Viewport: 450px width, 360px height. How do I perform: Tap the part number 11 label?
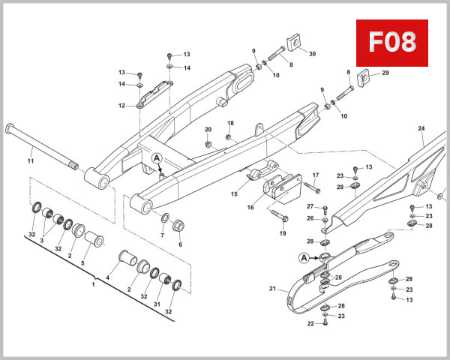tap(31, 161)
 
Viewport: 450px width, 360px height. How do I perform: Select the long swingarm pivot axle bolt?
tap(41, 145)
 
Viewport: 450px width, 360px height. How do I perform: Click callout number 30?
tap(312, 54)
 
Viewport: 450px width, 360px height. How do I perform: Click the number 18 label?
tap(231, 123)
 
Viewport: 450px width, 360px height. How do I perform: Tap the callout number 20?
tap(208, 130)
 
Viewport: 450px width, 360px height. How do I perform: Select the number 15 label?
tap(234, 193)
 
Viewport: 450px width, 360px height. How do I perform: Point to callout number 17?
tap(315, 175)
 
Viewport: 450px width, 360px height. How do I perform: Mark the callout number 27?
tap(310, 206)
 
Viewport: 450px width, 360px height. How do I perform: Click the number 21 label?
tap(272, 288)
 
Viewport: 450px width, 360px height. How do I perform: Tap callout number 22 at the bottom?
tap(309, 323)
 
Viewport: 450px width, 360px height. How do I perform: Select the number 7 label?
tap(162, 235)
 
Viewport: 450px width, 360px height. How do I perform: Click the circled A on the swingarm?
tap(157, 158)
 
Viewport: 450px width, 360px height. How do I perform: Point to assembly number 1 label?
tap(93, 285)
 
